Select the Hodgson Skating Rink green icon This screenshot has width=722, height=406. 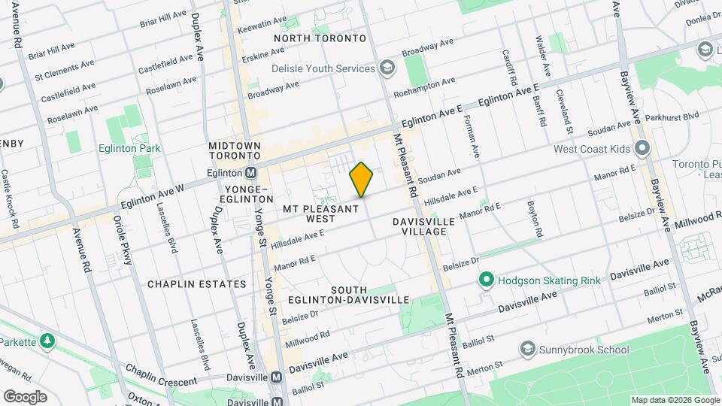point(486,281)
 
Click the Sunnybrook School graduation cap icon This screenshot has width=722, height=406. point(528,350)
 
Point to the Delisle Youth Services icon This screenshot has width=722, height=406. point(387,68)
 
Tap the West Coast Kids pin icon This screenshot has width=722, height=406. point(642,149)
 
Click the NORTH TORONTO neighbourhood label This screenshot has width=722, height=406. point(320,38)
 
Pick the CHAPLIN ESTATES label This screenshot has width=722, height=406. point(197,284)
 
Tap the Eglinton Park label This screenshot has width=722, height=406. point(129,148)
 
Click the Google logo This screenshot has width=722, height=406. point(25,396)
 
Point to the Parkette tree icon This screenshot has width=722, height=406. point(47,342)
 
